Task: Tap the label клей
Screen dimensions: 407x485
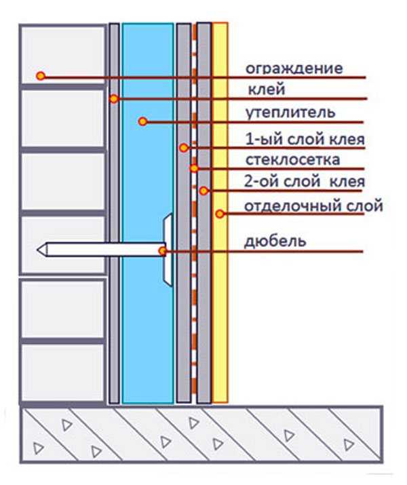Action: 267,90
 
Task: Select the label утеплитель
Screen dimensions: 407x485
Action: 290,113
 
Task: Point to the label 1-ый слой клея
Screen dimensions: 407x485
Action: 305,139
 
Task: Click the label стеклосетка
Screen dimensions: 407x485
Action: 292,160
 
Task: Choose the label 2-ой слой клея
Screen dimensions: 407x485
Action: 305,182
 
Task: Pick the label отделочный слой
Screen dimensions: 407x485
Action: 313,206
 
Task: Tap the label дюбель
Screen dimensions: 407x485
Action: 275,241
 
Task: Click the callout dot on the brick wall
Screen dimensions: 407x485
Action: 41,76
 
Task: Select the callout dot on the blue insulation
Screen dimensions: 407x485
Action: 142,121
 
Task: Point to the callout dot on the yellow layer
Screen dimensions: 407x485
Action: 220,214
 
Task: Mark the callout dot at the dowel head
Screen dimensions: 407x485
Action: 162,251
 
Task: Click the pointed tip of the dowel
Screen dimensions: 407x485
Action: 37,250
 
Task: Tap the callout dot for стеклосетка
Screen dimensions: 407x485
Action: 194,168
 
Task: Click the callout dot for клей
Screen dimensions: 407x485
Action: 114,99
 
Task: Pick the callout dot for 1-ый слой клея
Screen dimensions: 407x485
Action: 184,148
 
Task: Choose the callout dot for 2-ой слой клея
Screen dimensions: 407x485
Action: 203,191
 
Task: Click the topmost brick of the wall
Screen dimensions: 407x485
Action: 63,55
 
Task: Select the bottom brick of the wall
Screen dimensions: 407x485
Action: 63,373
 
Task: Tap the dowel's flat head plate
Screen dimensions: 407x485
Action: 168,250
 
